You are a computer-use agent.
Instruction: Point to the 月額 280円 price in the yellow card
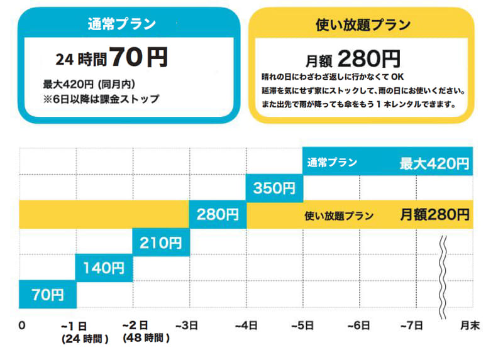point(353,59)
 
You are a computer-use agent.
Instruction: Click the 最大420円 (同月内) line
point(89,84)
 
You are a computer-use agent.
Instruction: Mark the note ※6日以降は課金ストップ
point(101,99)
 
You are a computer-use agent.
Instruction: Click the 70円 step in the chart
point(48,294)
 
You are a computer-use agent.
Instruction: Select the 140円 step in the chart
point(104,268)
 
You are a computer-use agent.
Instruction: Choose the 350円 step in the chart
point(274,188)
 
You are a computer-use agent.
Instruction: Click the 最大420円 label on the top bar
point(434,164)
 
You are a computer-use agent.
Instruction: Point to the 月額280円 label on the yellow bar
point(434,215)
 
